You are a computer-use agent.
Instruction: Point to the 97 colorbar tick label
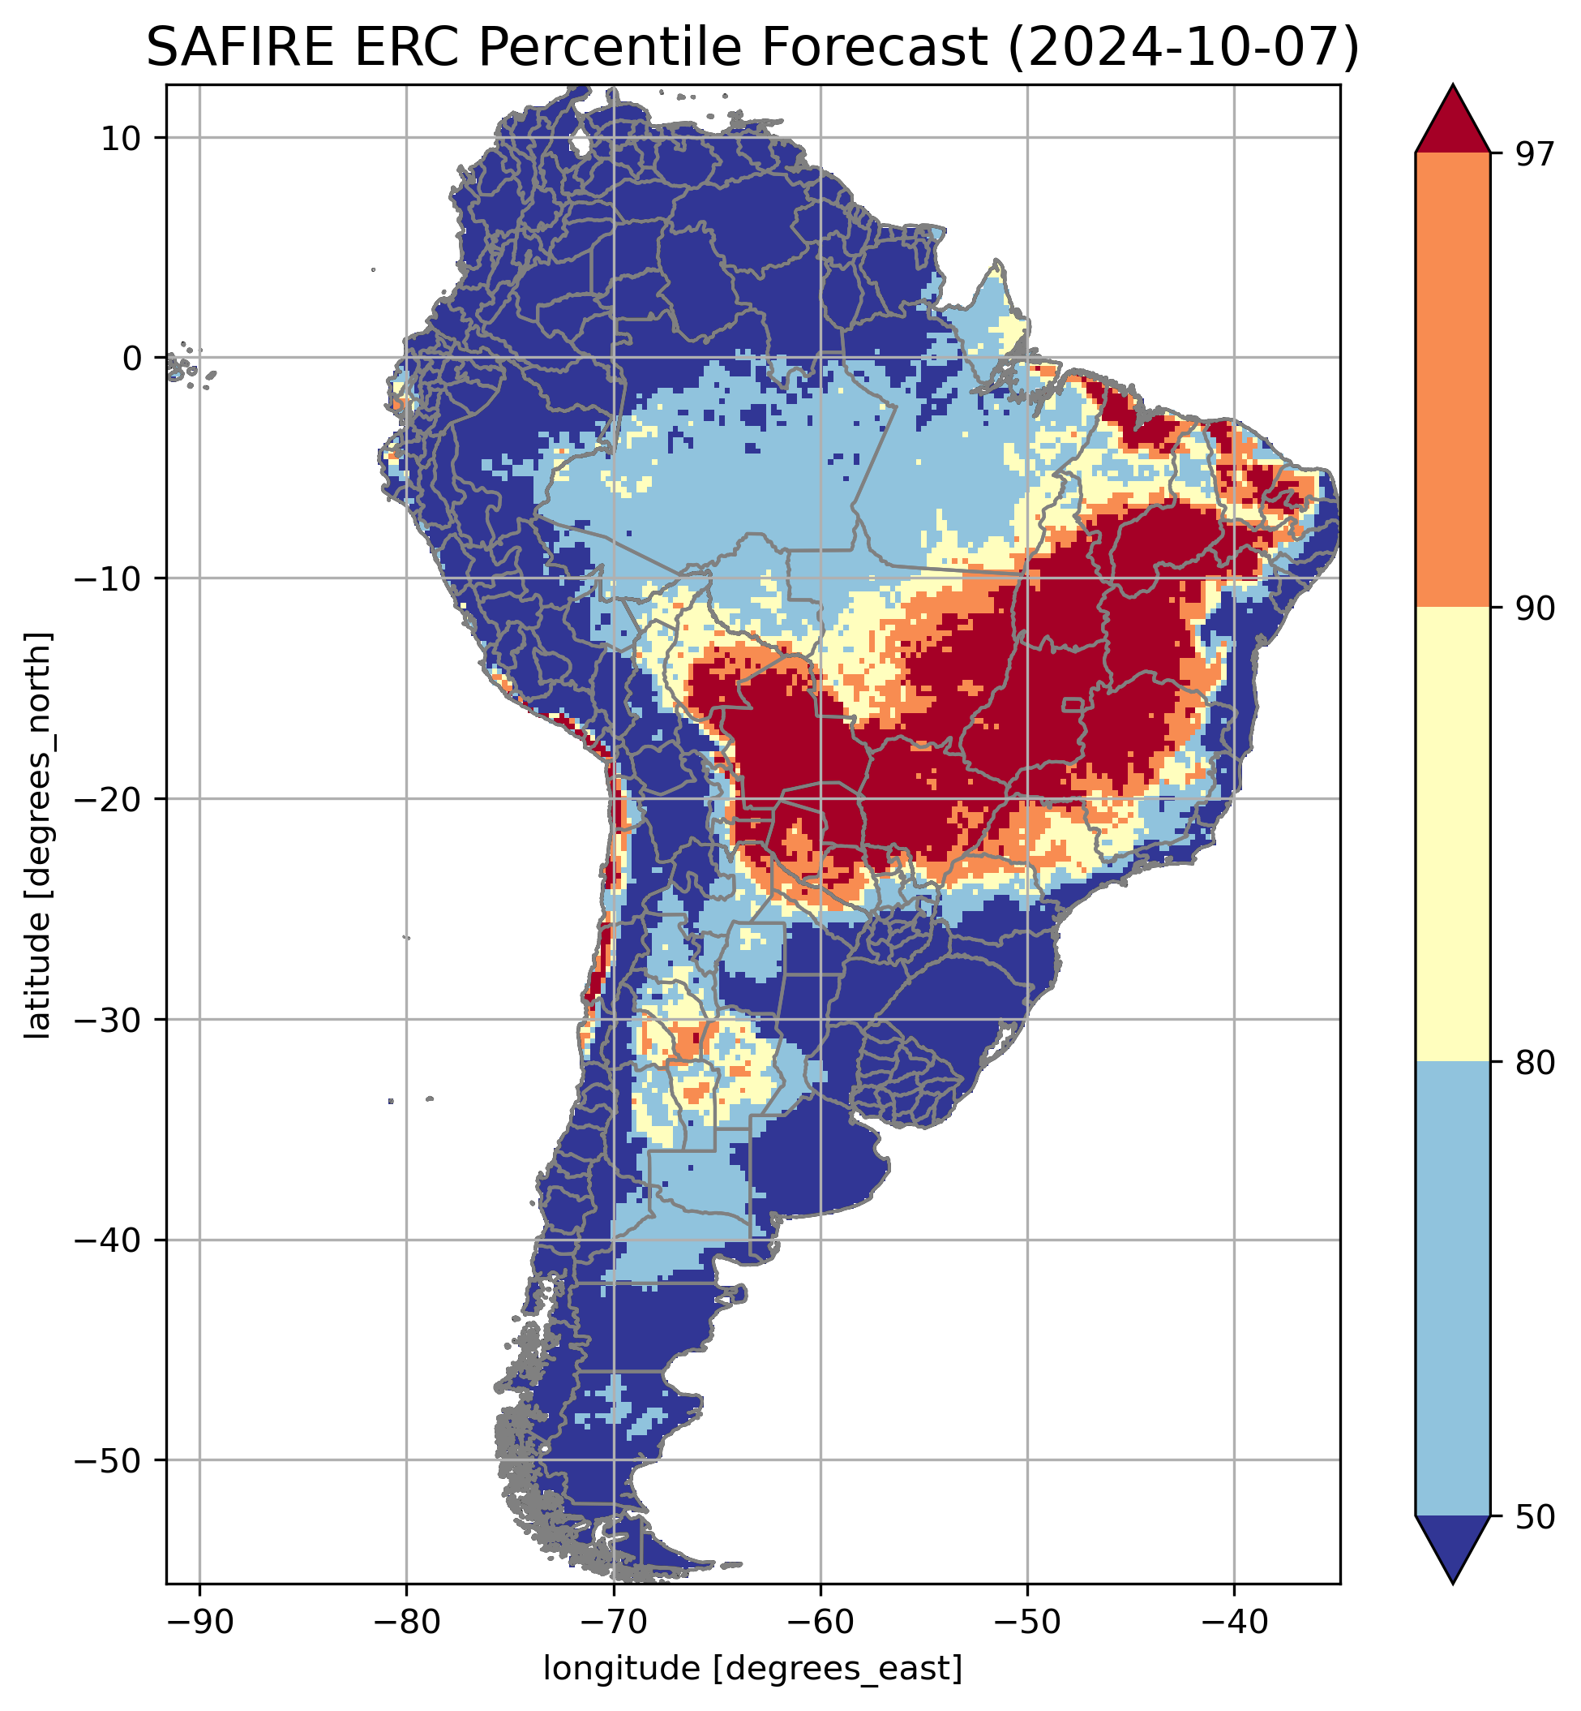(1532, 154)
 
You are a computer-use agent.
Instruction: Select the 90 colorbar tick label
(1532, 608)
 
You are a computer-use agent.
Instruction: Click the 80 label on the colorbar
(1532, 1063)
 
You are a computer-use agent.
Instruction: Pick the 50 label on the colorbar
(1532, 1517)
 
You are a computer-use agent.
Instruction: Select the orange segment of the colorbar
(1453, 380)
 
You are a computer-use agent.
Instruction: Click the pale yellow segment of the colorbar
(1453, 835)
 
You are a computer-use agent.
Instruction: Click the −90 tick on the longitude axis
(199, 1619)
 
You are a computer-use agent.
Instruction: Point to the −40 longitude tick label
(1234, 1619)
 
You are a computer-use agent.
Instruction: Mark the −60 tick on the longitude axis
(820, 1619)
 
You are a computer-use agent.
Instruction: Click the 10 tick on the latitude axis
(121, 138)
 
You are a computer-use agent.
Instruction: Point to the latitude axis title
(38, 836)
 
